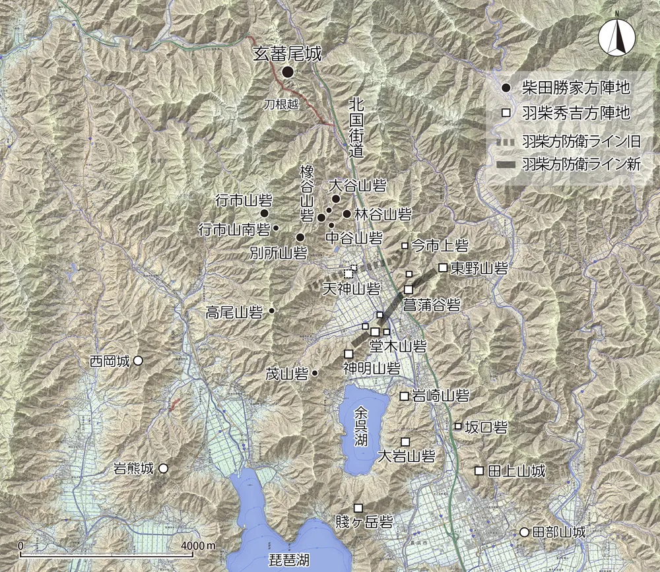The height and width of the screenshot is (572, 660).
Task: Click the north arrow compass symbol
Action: (616, 39)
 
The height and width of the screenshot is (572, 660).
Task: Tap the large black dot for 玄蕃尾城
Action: (288, 73)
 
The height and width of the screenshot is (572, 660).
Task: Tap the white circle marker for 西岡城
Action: (139, 361)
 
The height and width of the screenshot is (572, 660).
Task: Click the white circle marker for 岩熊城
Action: (163, 468)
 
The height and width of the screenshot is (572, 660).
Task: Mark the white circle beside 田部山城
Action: (524, 532)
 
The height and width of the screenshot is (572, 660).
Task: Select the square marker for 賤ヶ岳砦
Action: (358, 508)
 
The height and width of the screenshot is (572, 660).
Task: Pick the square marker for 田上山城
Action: (479, 470)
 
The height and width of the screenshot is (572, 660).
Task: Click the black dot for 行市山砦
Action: (264, 213)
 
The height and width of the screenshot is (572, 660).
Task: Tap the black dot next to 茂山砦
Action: (315, 373)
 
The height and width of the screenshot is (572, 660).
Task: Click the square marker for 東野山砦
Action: (443, 268)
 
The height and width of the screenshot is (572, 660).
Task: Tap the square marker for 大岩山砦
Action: (405, 441)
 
